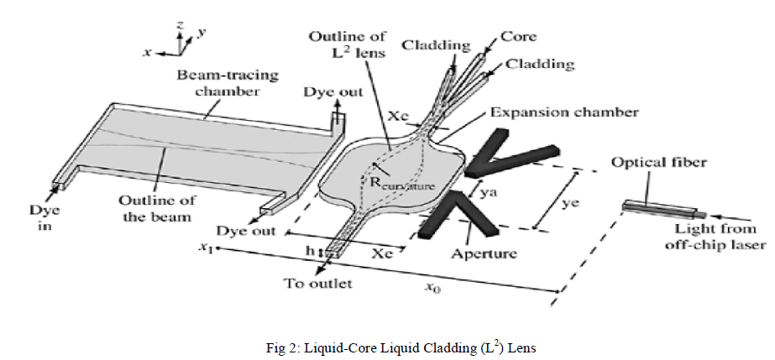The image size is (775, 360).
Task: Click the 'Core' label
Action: (518, 36)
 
